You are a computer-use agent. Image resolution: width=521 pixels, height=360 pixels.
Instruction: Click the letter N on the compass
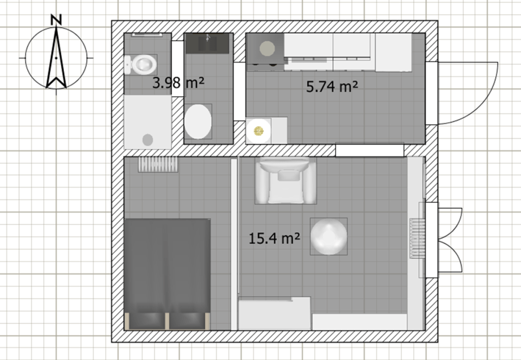56,20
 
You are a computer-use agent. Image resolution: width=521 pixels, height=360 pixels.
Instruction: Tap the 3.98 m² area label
178,82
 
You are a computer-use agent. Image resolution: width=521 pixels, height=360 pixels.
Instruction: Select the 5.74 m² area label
332,86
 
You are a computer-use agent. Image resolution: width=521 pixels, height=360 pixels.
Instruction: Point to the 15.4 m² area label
274,238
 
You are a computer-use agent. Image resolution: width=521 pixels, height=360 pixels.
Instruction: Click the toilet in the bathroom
140,65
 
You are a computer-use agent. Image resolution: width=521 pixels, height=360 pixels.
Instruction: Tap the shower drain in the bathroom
148,140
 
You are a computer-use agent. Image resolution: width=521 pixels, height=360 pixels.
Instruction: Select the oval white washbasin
198,122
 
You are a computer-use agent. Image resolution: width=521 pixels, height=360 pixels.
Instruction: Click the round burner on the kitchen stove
267,48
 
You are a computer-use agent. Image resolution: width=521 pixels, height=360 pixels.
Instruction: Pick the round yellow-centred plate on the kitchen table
258,131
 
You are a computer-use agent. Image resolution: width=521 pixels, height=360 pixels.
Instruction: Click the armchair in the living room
286,181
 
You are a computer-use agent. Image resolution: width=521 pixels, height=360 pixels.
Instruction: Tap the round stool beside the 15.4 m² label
329,236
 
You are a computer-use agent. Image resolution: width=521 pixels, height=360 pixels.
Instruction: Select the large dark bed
167,274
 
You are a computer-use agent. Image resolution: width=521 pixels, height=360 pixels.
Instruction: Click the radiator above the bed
158,164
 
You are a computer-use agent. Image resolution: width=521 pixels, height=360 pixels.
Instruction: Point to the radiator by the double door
417,238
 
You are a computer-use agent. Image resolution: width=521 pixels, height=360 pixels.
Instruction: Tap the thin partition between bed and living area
234,244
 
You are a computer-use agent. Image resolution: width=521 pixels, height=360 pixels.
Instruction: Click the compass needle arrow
56,57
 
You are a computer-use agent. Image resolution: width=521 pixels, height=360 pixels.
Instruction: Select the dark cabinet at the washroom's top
208,44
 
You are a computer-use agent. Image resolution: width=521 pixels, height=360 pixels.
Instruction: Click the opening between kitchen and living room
369,150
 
